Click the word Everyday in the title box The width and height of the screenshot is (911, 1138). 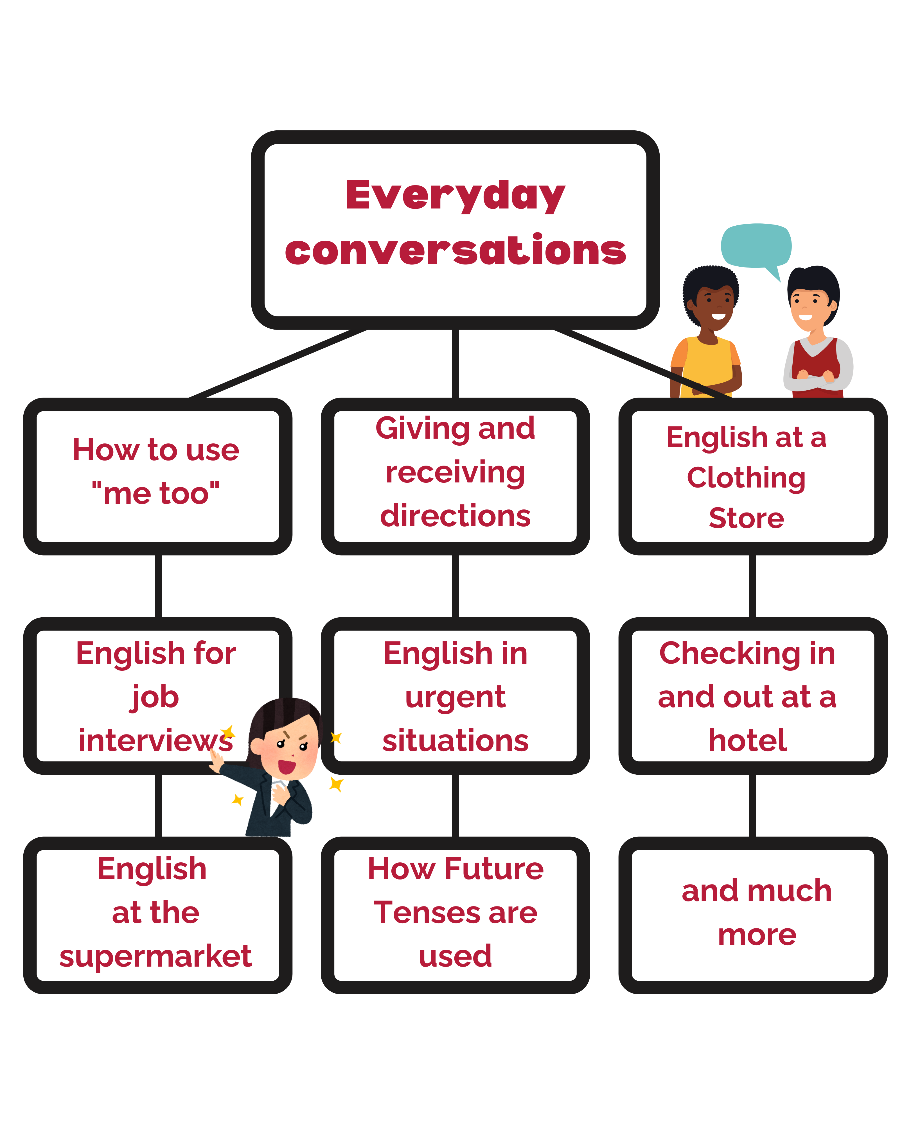pyautogui.click(x=455, y=195)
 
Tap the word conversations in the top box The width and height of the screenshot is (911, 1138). pyautogui.click(x=455, y=250)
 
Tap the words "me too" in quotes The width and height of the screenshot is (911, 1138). pyautogui.click(x=156, y=493)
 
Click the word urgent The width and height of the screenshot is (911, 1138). pyautogui.click(x=455, y=698)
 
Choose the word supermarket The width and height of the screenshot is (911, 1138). pyautogui.click(x=156, y=956)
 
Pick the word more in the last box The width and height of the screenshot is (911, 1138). pyautogui.click(x=757, y=935)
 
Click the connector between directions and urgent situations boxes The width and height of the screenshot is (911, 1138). pyautogui.click(x=455, y=586)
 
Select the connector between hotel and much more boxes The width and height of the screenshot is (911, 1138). pyautogui.click(x=753, y=806)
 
